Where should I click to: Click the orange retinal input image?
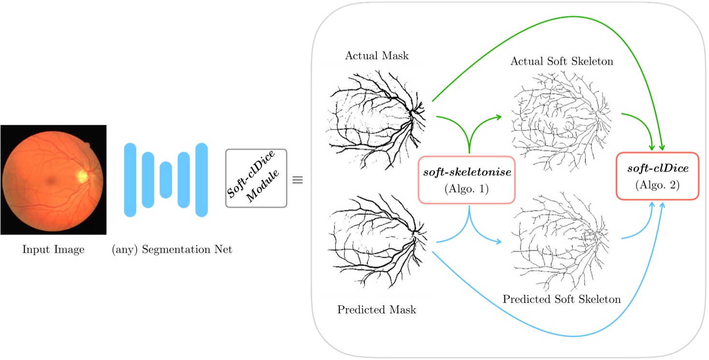click(53, 179)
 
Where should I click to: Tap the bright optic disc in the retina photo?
click(83, 176)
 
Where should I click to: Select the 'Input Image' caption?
click(53, 249)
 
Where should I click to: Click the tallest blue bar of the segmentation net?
click(202, 180)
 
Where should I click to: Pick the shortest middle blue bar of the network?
click(166, 180)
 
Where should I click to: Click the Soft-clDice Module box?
click(256, 178)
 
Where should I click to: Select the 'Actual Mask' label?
click(376, 55)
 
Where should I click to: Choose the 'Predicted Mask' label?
click(376, 309)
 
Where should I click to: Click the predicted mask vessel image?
click(376, 242)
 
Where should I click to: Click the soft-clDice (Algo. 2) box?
click(657, 176)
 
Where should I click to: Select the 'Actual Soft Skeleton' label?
click(562, 61)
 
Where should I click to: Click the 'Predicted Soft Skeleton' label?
click(562, 299)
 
